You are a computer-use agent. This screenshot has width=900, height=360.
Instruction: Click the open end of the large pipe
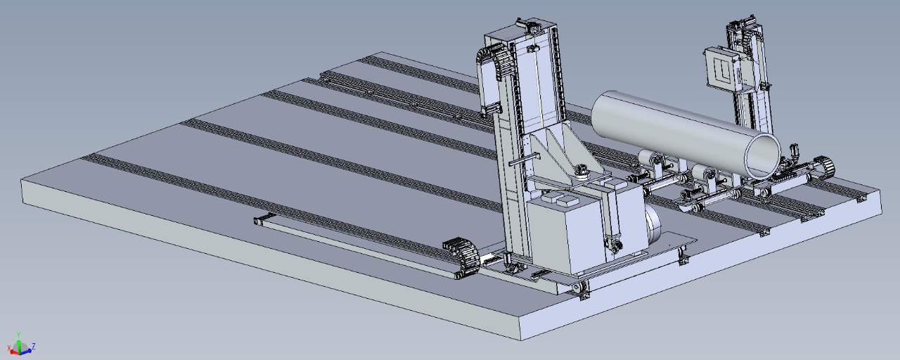pos(763,155)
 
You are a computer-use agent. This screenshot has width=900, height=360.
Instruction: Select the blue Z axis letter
pos(34,346)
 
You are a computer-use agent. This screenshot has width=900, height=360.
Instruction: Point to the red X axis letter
pos(9,348)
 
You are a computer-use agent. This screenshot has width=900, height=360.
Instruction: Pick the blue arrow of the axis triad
pos(27,351)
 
